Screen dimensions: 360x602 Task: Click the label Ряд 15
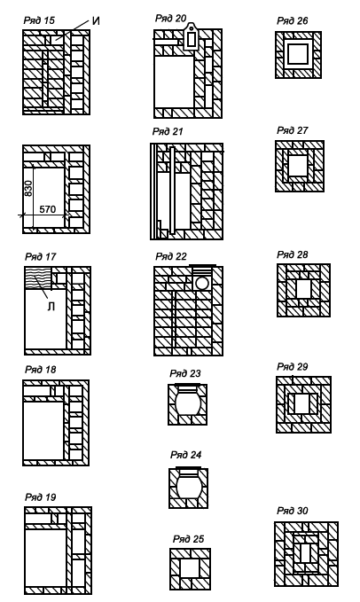click(39, 20)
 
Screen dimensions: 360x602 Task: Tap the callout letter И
click(96, 20)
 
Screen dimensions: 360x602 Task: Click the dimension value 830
click(28, 189)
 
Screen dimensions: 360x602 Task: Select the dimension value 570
click(48, 209)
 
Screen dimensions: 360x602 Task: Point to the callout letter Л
click(51, 307)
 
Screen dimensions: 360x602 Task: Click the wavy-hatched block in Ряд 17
click(38, 278)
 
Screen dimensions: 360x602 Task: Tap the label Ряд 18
click(40, 370)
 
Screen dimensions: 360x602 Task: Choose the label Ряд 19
click(40, 497)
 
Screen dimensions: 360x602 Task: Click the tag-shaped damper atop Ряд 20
click(191, 37)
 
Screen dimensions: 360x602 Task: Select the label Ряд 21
click(168, 131)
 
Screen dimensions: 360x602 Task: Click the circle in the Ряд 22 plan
click(202, 284)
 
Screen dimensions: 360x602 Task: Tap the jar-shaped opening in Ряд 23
click(188, 401)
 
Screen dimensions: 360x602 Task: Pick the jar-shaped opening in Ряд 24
click(189, 484)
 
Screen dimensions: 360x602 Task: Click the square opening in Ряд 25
click(190, 568)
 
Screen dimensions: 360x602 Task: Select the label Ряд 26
click(293, 20)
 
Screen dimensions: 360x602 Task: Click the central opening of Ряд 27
click(298, 166)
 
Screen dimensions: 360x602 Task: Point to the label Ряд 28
click(293, 254)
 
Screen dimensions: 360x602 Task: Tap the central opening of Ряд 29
click(303, 403)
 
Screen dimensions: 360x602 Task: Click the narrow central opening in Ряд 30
click(306, 553)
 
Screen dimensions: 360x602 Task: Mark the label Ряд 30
click(293, 511)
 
